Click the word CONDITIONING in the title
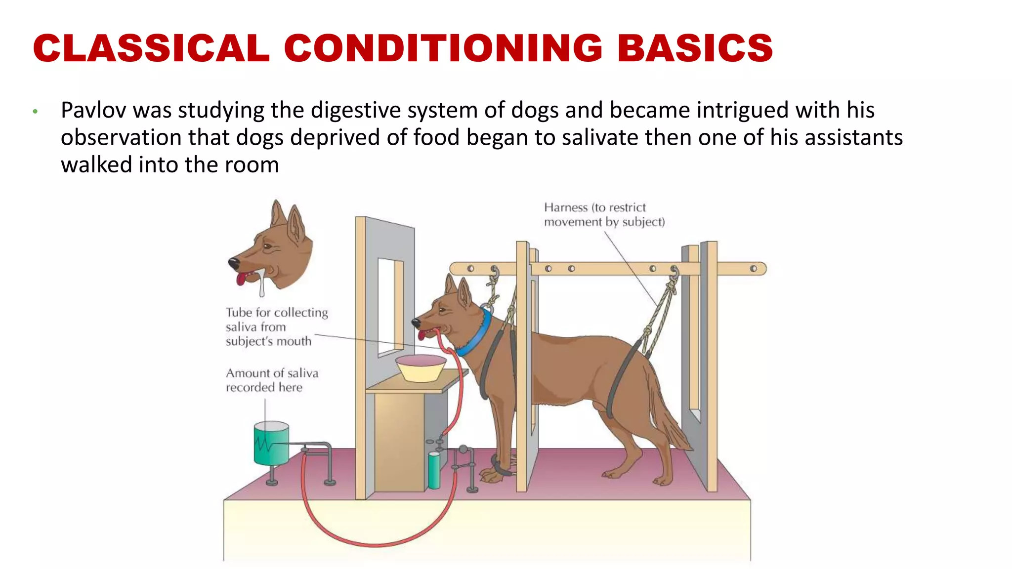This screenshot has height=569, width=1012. [x=443, y=48]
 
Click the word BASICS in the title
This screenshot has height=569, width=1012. [x=695, y=48]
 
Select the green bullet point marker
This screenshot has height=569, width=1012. [x=35, y=112]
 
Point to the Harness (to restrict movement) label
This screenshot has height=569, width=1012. [x=604, y=215]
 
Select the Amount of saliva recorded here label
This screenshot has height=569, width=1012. [x=272, y=380]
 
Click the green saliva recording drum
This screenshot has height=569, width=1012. [x=271, y=443]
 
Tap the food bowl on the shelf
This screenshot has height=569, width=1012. [x=421, y=368]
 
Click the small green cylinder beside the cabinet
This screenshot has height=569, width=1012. [x=434, y=470]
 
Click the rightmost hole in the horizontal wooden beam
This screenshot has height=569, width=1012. [x=753, y=269]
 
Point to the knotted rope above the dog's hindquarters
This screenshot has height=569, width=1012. [x=662, y=311]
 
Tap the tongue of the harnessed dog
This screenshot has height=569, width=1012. [x=422, y=335]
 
